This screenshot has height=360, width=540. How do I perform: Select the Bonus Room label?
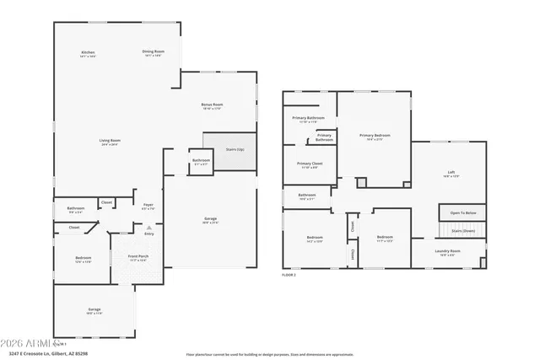coord(212,106)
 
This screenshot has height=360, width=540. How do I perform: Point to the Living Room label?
coord(110,142)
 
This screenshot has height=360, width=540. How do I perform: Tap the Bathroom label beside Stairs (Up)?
coord(201,161)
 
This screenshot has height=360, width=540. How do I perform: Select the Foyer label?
coord(148,205)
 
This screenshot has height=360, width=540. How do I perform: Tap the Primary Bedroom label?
coord(375,136)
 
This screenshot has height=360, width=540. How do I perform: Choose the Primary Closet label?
coord(310,164)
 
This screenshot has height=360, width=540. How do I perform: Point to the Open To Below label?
coord(462,213)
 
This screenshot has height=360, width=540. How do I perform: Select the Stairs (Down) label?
coord(463,230)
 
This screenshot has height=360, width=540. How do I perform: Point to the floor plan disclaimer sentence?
coord(282,354)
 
